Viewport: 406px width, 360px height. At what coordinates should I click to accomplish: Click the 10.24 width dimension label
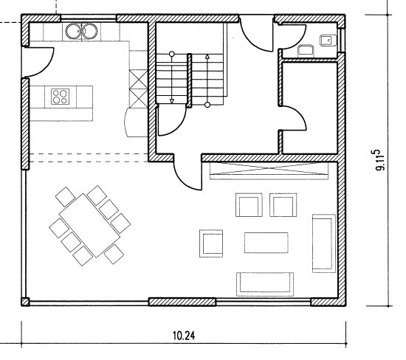pyautogui.click(x=184, y=336)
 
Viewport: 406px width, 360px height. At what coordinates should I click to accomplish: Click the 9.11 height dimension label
pyautogui.click(x=380, y=160)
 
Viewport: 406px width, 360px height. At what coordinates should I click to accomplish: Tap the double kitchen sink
pyautogui.click(x=81, y=31)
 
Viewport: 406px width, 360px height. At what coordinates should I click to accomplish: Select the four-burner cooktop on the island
pyautogui.click(x=61, y=97)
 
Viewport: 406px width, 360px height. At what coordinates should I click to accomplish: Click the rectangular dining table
pyautogui.click(x=89, y=226)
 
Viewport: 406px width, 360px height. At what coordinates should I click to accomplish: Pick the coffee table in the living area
pyautogui.click(x=266, y=243)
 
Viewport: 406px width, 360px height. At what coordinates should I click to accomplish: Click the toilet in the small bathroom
pyautogui.click(x=306, y=51)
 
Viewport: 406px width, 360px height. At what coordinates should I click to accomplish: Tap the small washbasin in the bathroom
pyautogui.click(x=328, y=41)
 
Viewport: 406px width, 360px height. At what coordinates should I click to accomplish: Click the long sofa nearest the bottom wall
pyautogui.click(x=265, y=284)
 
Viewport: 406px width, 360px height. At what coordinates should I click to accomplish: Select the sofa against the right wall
pyautogui.click(x=324, y=243)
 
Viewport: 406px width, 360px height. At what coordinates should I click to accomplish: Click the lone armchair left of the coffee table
pyautogui.click(x=211, y=243)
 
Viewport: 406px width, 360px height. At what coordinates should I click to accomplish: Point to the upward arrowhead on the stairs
pyautogui.click(x=207, y=57)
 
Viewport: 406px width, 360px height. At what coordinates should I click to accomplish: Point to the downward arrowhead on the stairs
pyautogui.click(x=171, y=101)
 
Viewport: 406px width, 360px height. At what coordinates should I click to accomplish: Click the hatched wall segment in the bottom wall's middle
pyautogui.click(x=182, y=302)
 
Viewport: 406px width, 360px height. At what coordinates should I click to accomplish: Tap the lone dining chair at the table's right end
pyautogui.click(x=114, y=255)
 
